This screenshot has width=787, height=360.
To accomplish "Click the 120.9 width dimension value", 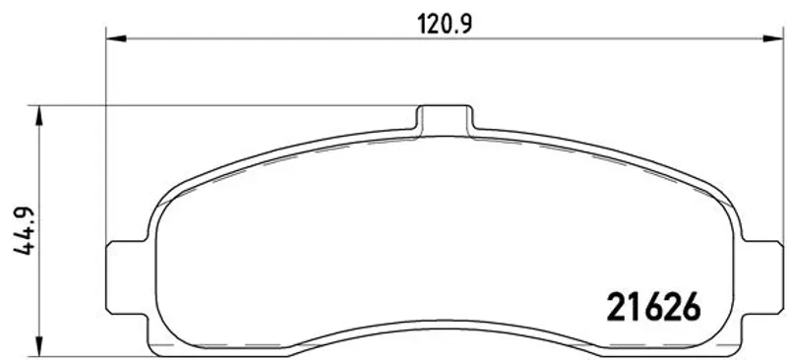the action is [x=445, y=24].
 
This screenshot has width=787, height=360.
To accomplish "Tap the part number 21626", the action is [x=653, y=307].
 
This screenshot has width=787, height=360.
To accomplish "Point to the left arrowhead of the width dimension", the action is [x=116, y=38].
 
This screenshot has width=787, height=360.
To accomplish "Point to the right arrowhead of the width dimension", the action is [x=773, y=38].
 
